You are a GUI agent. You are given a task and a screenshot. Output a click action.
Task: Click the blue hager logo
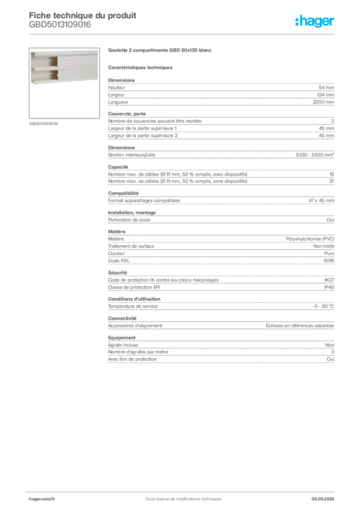pyautogui.click(x=316, y=22)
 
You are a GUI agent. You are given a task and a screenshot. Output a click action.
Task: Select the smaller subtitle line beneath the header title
pyautogui.click(x=60, y=28)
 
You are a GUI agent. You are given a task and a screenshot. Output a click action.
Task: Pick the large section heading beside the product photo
pyautogui.click(x=160, y=51)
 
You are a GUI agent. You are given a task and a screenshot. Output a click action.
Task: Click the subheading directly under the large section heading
pyautogui.click(x=141, y=67)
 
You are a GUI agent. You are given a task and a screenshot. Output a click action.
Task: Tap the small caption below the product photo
pyautogui.click(x=43, y=123)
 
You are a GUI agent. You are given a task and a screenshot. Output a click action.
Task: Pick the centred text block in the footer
pyautogui.click(x=180, y=496)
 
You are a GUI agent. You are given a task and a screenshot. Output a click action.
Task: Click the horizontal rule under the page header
pyautogui.click(x=182, y=34)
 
